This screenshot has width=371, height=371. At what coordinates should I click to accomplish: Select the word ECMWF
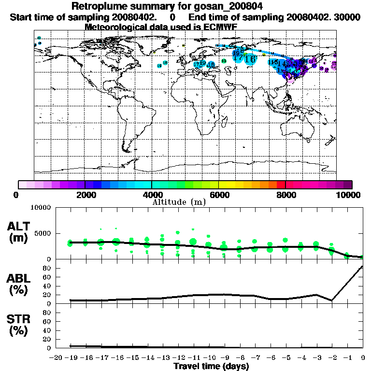[x=221, y=27]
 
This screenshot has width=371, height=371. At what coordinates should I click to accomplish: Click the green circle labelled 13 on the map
[x=224, y=61]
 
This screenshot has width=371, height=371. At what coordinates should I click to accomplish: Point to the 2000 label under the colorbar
[x=85, y=195]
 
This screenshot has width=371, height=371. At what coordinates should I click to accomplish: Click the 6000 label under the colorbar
[x=218, y=195]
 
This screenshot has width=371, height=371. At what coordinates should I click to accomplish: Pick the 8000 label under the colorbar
[x=285, y=195]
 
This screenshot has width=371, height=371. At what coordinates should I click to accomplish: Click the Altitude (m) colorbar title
[x=179, y=202]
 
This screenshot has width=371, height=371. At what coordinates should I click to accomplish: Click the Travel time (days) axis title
[x=211, y=366]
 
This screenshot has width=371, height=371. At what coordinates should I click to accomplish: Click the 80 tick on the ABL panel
[x=47, y=268]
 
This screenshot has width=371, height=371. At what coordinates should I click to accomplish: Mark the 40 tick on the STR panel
[x=47, y=330]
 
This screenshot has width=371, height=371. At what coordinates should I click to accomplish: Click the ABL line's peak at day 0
[x=362, y=267]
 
